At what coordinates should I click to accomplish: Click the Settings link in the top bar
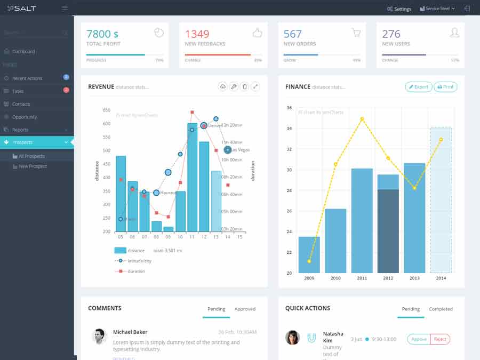(399, 9)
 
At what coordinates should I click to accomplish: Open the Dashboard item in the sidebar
(23, 52)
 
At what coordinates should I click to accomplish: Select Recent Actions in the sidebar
(27, 78)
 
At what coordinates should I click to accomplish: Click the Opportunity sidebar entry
(25, 117)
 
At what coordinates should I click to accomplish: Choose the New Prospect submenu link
(33, 166)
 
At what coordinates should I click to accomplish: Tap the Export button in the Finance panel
(419, 87)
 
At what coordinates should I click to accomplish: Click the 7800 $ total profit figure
(102, 34)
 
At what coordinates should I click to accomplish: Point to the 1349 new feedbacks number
(197, 34)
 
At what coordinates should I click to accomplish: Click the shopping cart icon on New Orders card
(356, 33)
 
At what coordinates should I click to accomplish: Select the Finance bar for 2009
(309, 255)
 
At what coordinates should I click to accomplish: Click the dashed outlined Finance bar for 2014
(441, 200)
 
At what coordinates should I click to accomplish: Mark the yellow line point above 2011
(362, 118)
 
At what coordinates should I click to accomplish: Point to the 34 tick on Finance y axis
(289, 129)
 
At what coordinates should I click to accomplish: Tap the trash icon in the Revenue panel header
(244, 87)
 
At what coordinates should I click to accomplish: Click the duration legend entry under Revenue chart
(136, 271)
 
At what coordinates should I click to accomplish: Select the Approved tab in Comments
(245, 309)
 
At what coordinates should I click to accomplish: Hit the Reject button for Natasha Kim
(440, 339)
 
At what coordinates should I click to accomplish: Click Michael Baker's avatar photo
(99, 336)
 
